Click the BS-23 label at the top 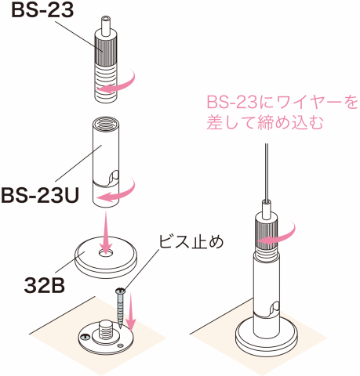(42, 10)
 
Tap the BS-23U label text (40, 196)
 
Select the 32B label (45, 286)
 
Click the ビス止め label (191, 242)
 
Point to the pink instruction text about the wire (282, 112)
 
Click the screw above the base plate (120, 308)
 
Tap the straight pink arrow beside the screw (131, 312)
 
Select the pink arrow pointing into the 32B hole (106, 232)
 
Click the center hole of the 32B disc (106, 253)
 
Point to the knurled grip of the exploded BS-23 (106, 52)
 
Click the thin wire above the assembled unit (266, 172)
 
